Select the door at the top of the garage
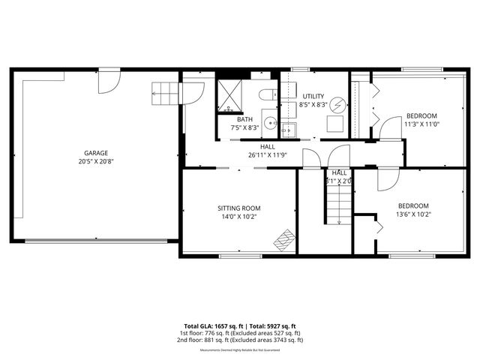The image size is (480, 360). click(109, 81)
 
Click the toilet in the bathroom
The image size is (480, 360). click(268, 94)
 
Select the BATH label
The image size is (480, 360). click(244, 120)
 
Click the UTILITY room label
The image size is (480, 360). click(313, 97)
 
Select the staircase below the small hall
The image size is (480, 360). click(337, 205)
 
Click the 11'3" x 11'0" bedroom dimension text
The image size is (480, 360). click(421, 124)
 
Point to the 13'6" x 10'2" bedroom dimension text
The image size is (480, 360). click(413, 214)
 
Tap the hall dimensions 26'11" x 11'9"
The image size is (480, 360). click(267, 155)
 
